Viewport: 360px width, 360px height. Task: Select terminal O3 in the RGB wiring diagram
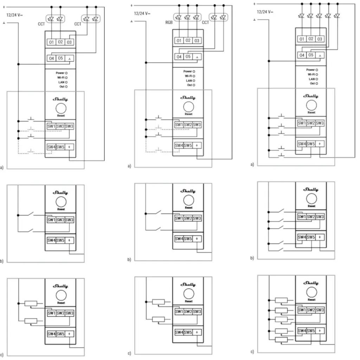click(x=197, y=41)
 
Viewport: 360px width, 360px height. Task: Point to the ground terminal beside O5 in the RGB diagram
click(x=197, y=57)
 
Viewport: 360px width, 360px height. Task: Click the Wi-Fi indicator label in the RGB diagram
click(x=189, y=76)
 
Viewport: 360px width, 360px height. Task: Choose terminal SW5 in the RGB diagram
click(x=188, y=145)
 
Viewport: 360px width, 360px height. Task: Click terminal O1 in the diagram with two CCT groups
click(x=51, y=42)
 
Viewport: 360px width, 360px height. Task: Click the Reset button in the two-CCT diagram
click(x=61, y=107)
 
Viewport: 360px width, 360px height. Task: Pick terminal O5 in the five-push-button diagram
click(x=310, y=55)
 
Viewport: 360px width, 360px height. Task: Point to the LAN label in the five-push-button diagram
click(x=311, y=79)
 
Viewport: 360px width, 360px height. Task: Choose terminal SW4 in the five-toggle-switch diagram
click(x=302, y=237)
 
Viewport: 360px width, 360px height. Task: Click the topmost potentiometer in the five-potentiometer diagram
click(x=281, y=300)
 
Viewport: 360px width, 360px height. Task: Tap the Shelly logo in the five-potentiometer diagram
click(x=311, y=283)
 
